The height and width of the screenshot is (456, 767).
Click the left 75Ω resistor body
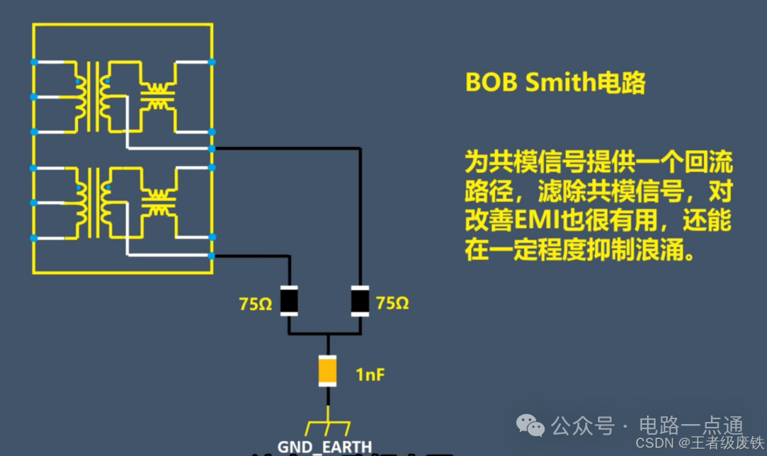pyautogui.click(x=289, y=300)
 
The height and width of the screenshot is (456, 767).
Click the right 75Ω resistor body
pyautogui.click(x=361, y=300)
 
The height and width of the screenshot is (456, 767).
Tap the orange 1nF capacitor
pyautogui.click(x=327, y=370)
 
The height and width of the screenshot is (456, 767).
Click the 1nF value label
pyautogui.click(x=370, y=374)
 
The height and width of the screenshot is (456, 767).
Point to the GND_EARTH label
pyautogui.click(x=325, y=447)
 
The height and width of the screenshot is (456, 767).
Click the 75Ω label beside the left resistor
pyautogui.click(x=256, y=304)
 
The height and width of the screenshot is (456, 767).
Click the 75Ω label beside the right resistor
pyautogui.click(x=392, y=304)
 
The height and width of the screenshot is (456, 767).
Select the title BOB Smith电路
pyautogui.click(x=555, y=83)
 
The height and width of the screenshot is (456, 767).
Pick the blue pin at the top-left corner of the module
pyautogui.click(x=33, y=62)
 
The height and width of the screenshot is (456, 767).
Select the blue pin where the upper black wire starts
pyautogui.click(x=212, y=149)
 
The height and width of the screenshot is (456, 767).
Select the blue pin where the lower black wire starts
pyautogui.click(x=212, y=255)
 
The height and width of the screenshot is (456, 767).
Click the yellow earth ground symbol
pyautogui.click(x=327, y=428)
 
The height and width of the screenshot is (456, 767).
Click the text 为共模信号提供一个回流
pyautogui.click(x=598, y=162)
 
